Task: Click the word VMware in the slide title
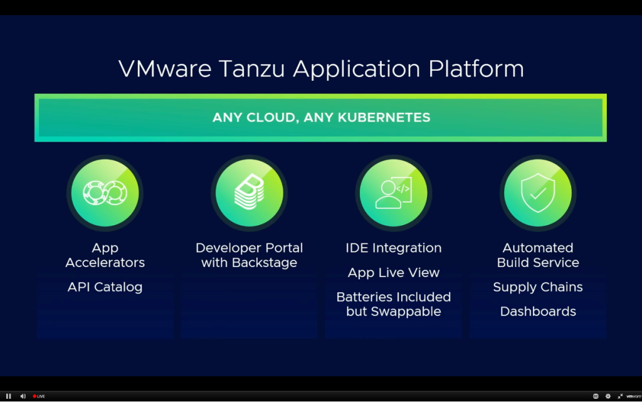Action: pos(165,68)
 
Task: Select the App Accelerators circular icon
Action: pos(105,193)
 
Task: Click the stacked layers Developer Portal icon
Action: pos(249,193)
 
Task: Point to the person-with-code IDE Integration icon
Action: pos(393,193)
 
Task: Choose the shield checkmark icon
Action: pos(537,193)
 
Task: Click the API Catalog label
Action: pos(105,287)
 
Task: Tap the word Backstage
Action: pos(264,263)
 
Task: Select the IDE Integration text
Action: pos(393,248)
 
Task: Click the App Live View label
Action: pos(393,273)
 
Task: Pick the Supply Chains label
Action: pos(537,287)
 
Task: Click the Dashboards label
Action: pos(537,312)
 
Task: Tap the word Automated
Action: pos(537,248)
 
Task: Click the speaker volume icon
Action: pos(23,396)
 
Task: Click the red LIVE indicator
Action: pos(39,396)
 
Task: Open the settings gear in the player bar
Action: pos(608,396)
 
